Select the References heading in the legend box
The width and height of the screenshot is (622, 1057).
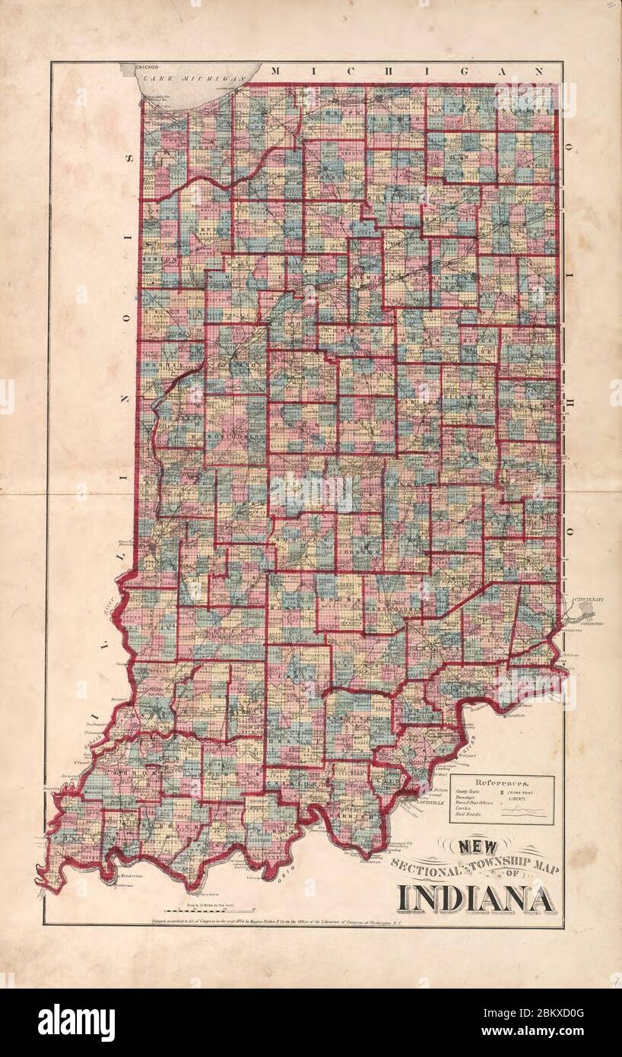click(501, 782)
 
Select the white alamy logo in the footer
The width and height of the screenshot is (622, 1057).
click(76, 1023)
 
